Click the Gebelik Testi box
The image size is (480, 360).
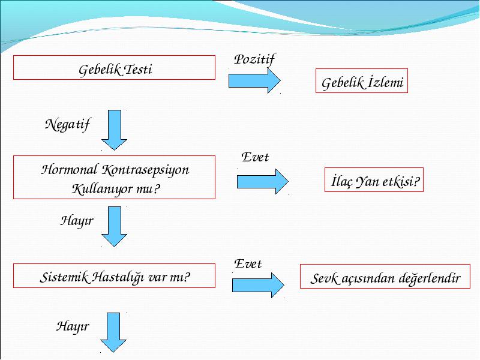click(x=114, y=68)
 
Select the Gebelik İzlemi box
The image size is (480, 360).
click(x=362, y=81)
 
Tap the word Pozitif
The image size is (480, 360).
click(x=254, y=59)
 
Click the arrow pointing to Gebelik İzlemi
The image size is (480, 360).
click(x=254, y=81)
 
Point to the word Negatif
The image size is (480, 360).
click(x=67, y=125)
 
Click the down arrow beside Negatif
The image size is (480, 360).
click(x=114, y=130)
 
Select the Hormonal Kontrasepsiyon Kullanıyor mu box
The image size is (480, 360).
click(x=114, y=177)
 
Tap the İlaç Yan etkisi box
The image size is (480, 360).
click(x=374, y=179)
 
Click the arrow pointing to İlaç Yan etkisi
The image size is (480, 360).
click(x=262, y=182)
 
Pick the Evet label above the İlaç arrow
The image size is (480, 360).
click(x=255, y=157)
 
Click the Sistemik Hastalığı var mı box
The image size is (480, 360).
click(x=114, y=276)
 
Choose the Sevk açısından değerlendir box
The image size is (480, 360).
click(x=385, y=277)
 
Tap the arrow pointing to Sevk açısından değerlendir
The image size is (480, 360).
click(x=258, y=286)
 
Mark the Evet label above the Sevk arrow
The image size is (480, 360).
click(x=248, y=264)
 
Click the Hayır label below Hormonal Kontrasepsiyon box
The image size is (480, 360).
click(x=77, y=221)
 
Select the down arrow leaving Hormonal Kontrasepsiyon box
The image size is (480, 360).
click(x=114, y=227)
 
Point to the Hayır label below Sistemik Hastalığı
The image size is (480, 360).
click(x=73, y=326)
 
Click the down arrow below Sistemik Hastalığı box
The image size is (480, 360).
click(x=113, y=332)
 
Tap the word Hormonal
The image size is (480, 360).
click(x=70, y=170)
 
